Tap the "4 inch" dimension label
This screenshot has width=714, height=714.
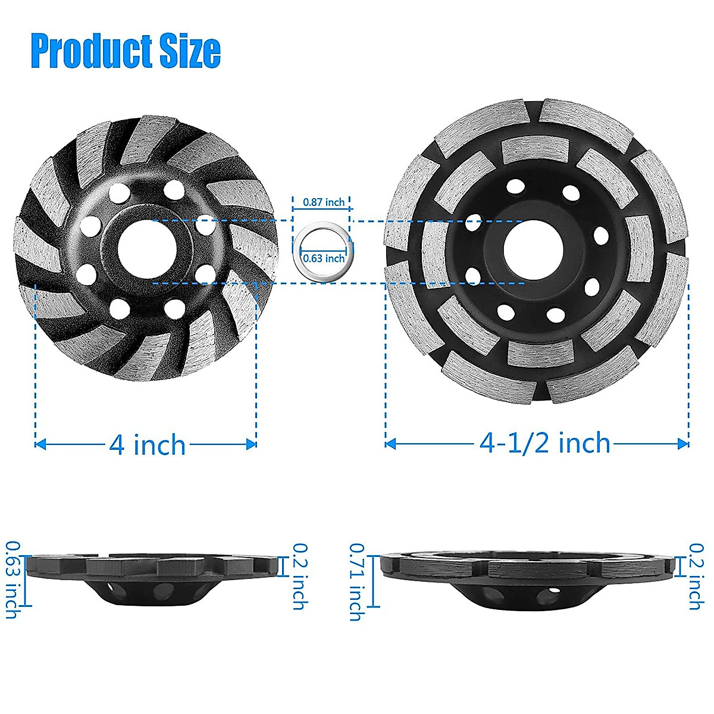pos(147,444)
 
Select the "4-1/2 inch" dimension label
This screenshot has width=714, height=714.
pos(545,443)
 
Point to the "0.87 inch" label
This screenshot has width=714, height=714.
pos(324,202)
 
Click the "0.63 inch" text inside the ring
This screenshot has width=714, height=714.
pos(324,258)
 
